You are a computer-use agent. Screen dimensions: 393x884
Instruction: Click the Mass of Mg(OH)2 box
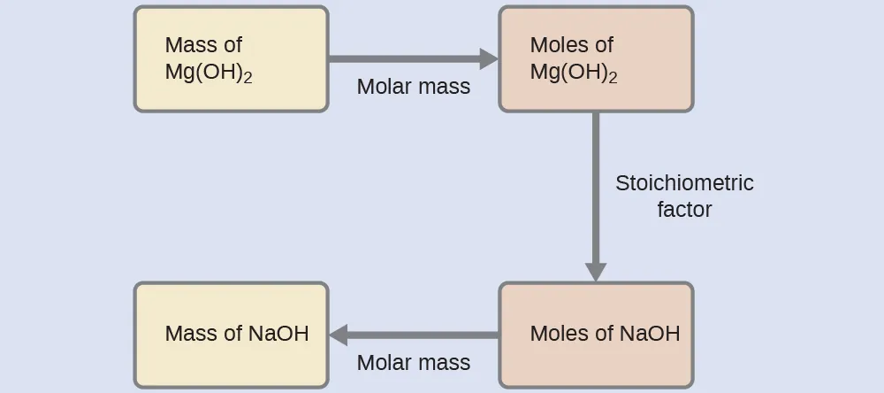tap(231, 59)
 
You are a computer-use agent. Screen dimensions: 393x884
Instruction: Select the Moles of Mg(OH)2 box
tap(596, 59)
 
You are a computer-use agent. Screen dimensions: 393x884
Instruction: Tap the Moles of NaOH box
tap(596, 335)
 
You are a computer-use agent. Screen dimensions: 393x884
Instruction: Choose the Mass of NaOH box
tap(231, 335)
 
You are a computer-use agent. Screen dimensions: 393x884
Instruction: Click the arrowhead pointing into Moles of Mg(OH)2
tap(489, 59)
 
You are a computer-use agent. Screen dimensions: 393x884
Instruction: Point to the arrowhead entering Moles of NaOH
tap(596, 271)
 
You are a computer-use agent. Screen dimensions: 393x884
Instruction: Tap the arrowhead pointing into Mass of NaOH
tap(339, 335)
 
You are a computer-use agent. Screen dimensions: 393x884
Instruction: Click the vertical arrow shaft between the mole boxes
tap(596, 186)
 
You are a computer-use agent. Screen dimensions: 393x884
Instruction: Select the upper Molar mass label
tap(414, 87)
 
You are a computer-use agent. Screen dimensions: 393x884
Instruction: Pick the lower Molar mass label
tap(414, 363)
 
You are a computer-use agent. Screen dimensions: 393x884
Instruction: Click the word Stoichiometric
tap(684, 183)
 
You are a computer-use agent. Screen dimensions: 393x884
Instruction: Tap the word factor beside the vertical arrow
tap(684, 210)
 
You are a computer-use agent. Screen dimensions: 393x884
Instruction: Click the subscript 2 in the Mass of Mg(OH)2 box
tap(248, 79)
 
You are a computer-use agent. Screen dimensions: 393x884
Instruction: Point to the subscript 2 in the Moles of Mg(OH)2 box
tap(613, 79)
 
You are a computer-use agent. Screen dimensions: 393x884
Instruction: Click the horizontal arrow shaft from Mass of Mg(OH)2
tap(402, 59)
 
